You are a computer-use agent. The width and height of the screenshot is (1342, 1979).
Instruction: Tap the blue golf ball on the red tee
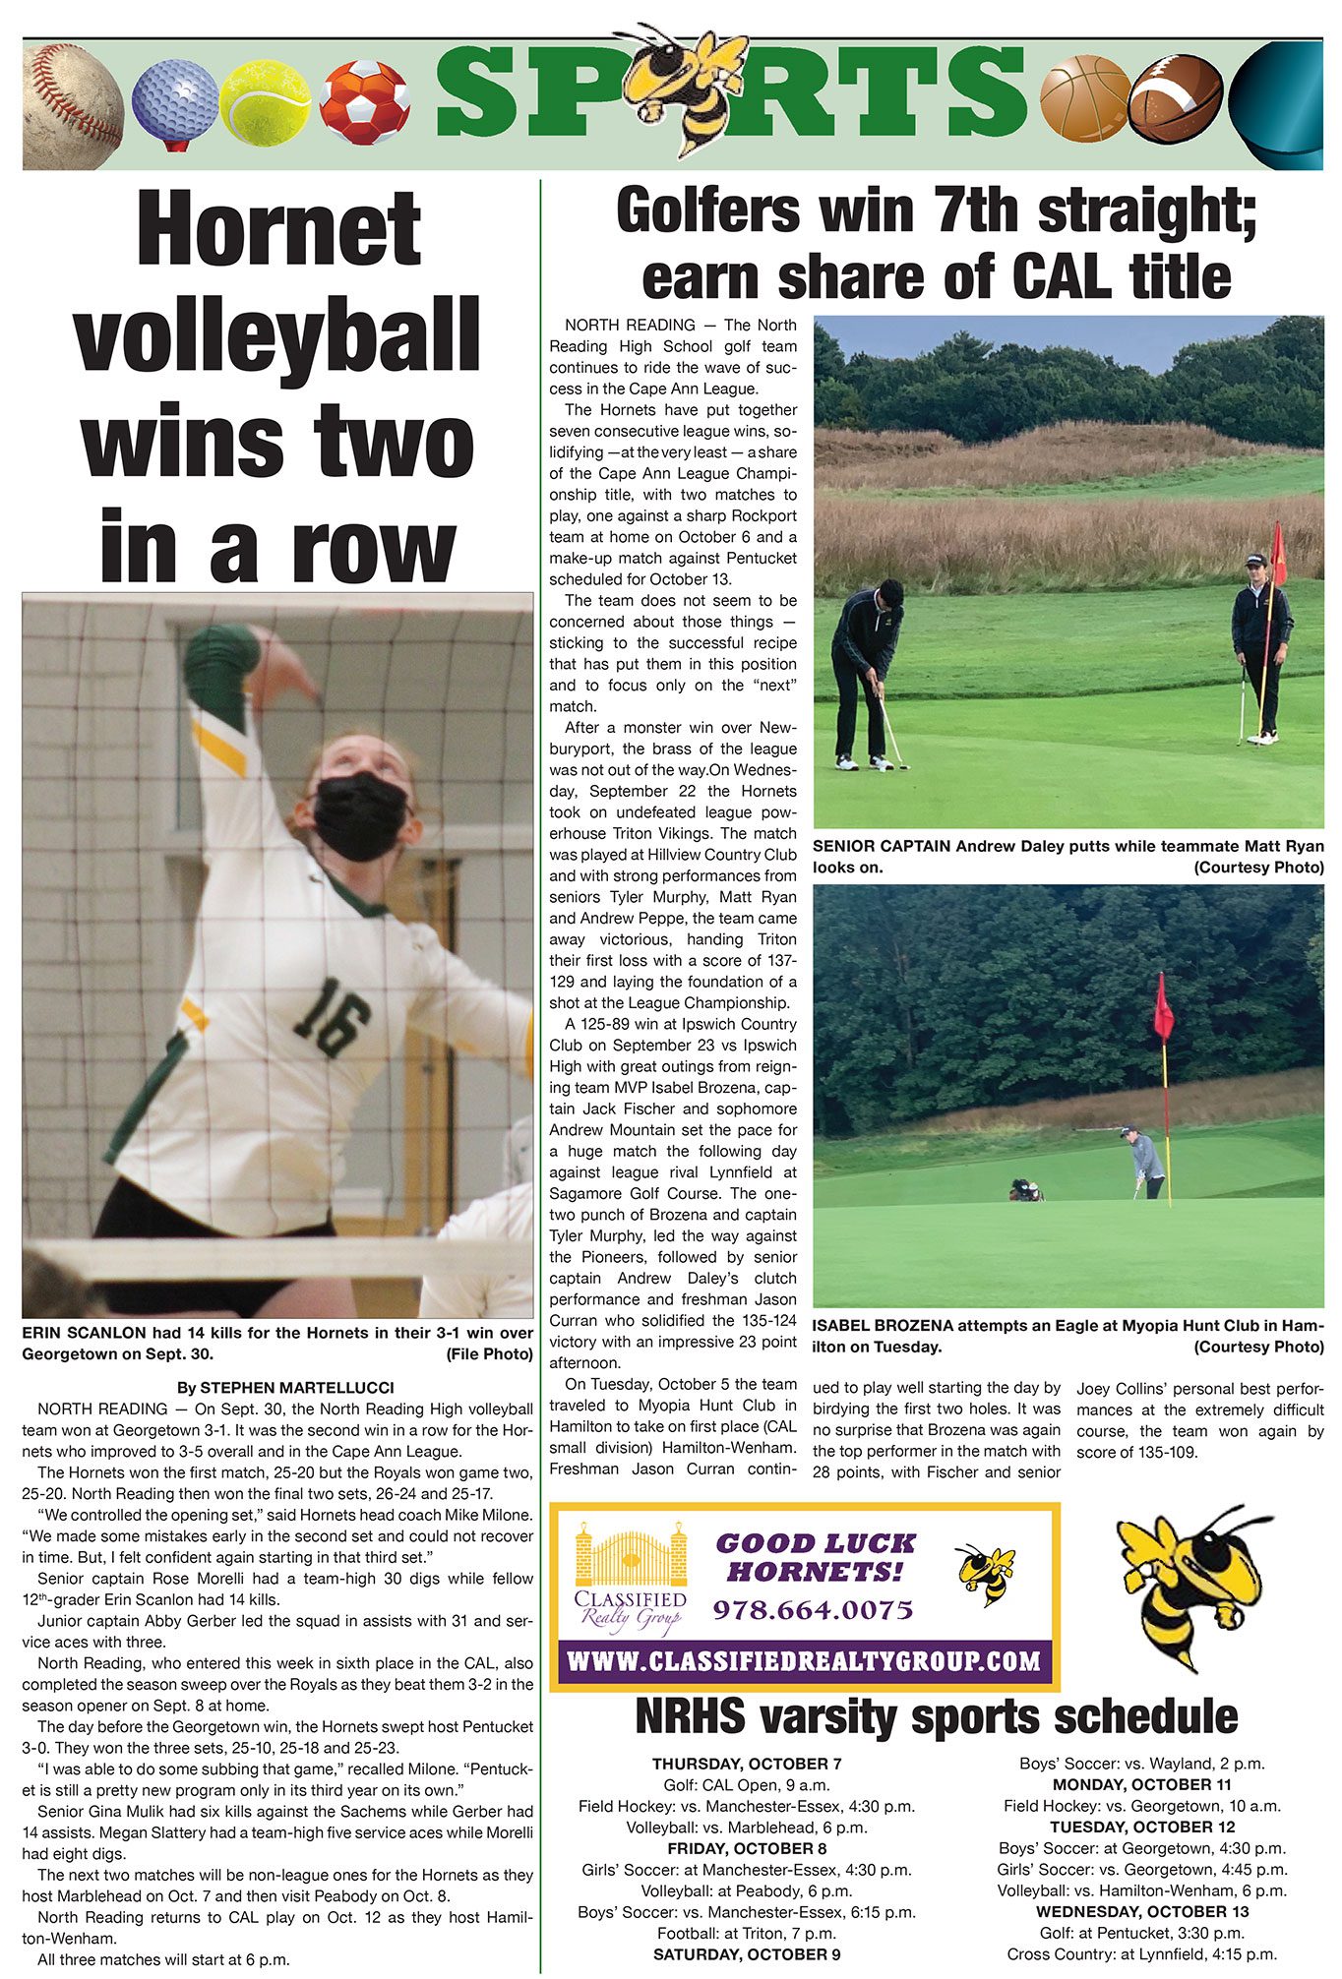pyautogui.click(x=174, y=99)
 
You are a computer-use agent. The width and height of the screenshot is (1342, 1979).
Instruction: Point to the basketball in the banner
pyautogui.click(x=1085, y=98)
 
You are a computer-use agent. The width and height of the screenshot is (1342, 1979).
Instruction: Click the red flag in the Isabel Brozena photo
pyautogui.click(x=1164, y=1008)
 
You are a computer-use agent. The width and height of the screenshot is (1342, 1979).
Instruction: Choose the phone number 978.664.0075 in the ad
pyautogui.click(x=813, y=1610)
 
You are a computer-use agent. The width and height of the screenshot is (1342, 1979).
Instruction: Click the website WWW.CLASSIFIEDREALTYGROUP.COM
pyautogui.click(x=804, y=1661)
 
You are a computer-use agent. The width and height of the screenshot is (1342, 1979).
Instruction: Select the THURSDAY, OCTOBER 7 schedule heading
pyautogui.click(x=747, y=1764)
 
